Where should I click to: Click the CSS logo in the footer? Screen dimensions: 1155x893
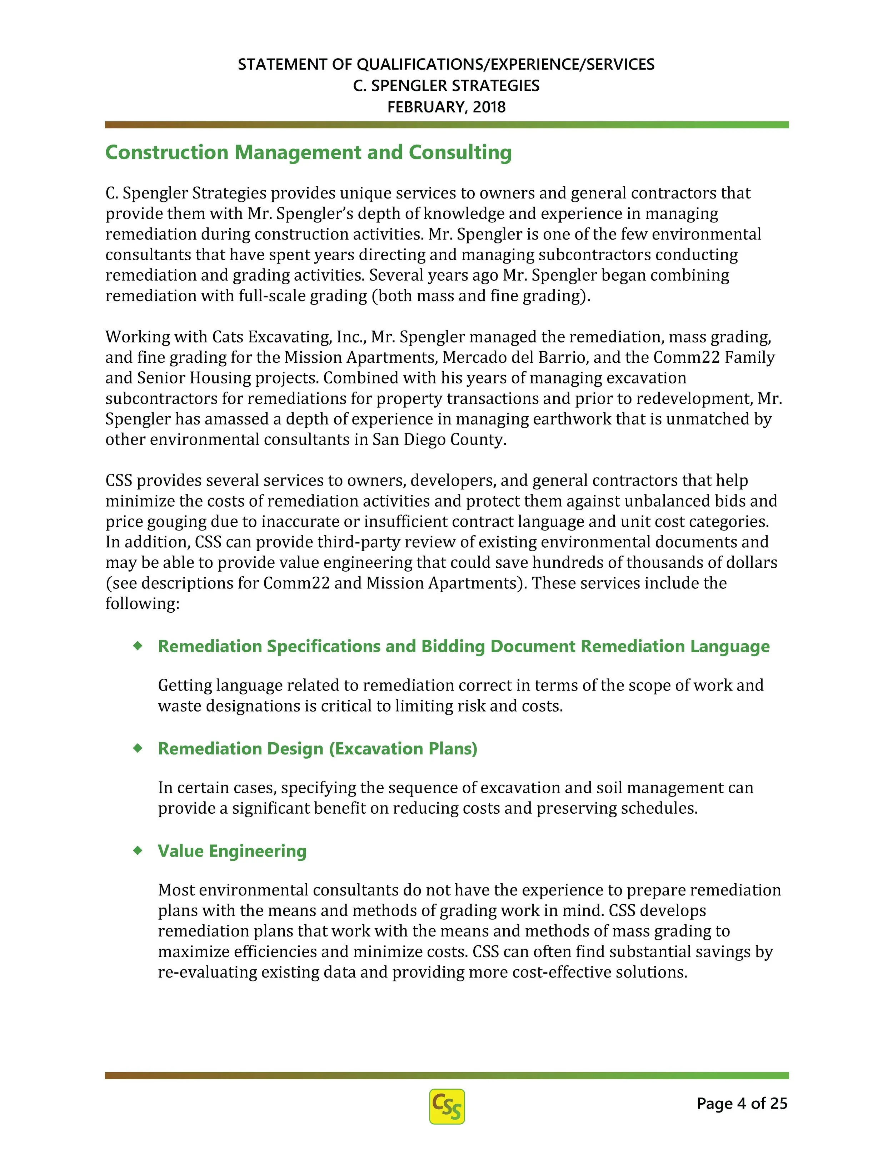point(446,1106)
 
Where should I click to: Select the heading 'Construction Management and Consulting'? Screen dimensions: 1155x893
point(308,152)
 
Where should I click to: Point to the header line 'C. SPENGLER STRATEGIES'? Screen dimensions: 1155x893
point(446,86)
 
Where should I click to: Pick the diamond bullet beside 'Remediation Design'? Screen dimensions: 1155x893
point(138,748)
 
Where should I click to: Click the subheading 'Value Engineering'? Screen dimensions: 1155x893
point(232,851)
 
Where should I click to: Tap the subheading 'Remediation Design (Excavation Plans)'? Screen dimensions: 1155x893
point(318,748)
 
